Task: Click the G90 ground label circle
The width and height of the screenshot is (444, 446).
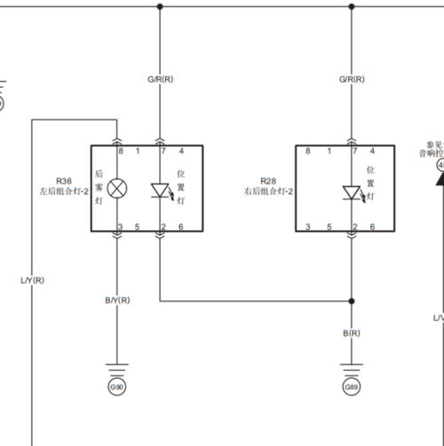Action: click(x=117, y=387)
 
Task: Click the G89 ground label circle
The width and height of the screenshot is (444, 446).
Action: click(x=352, y=387)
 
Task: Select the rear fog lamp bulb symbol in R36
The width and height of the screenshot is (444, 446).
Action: click(x=117, y=189)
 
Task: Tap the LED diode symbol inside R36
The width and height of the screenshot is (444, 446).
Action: click(x=161, y=190)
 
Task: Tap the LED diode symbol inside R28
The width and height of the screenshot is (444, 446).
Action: click(x=353, y=192)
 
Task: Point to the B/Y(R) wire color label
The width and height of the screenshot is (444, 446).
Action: click(x=118, y=301)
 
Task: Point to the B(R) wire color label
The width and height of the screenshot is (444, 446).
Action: click(x=352, y=333)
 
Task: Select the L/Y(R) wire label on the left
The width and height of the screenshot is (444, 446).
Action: click(x=32, y=280)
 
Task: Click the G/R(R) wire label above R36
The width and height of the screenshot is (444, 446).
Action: click(x=161, y=80)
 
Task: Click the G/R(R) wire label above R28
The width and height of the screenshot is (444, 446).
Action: click(x=353, y=80)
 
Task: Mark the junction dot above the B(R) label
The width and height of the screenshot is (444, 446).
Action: click(x=353, y=300)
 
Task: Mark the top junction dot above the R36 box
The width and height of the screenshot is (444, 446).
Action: click(x=161, y=6)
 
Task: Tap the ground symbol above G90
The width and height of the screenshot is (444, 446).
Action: click(x=117, y=367)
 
